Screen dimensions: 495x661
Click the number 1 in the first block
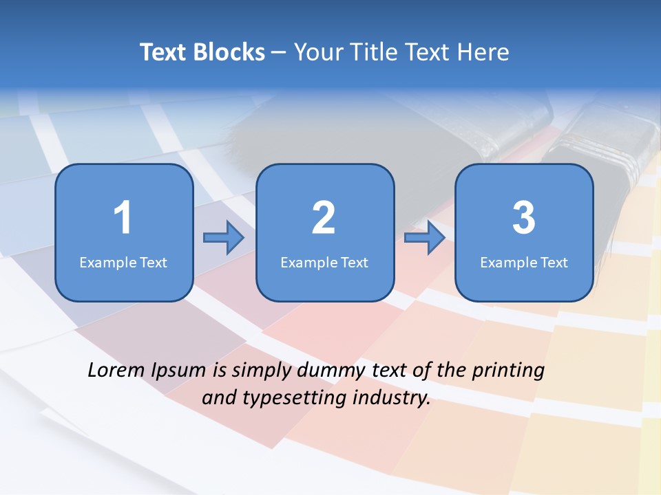[x=123, y=218]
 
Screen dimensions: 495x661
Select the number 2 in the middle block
[x=324, y=218]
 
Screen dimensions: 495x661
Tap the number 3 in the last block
[x=524, y=218]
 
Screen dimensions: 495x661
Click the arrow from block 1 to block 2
[x=224, y=238]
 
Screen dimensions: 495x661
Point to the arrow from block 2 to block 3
[x=424, y=238]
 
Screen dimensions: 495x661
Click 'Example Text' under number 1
[x=123, y=262]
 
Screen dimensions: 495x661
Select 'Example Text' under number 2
[x=324, y=262]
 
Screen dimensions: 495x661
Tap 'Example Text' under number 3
[x=524, y=262]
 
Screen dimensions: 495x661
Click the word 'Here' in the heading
[x=482, y=52]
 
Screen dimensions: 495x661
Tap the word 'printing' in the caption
[x=507, y=371]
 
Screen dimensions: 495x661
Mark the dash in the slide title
[x=279, y=53]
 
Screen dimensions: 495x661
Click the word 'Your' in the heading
[x=315, y=52]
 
